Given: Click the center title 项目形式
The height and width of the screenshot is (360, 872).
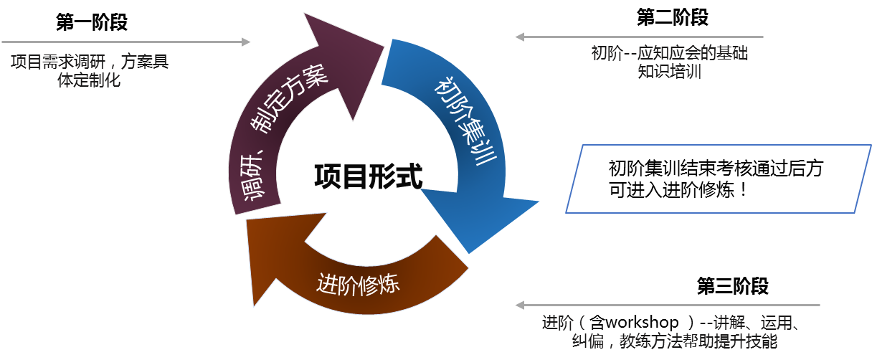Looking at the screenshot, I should coord(368,175).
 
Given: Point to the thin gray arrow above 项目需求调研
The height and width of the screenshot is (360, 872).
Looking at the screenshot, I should coord(125,42).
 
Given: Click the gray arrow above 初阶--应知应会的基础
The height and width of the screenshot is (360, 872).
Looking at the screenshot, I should coord(639,37).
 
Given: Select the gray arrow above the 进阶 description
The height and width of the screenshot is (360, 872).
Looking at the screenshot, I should coord(667,305).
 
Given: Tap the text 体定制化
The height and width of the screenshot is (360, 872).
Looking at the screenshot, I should coord(89,80).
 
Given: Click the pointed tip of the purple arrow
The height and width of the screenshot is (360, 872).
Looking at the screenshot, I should coord(383,44).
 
